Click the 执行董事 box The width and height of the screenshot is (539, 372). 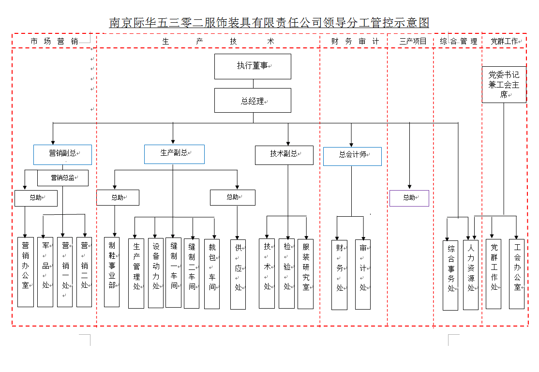[x=253, y=66]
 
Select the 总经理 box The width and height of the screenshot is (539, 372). [x=253, y=101]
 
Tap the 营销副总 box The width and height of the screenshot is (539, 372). [x=62, y=154]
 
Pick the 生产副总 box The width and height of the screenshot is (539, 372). [x=174, y=154]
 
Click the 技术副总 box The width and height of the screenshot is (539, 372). [x=284, y=155]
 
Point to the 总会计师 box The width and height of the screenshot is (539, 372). [x=352, y=156]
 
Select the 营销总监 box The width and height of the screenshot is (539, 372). [x=63, y=178]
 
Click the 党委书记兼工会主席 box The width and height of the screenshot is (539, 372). [x=504, y=85]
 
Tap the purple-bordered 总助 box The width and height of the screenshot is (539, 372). [x=409, y=198]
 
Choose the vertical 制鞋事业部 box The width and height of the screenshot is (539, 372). [x=112, y=272]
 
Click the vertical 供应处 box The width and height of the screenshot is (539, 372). [x=238, y=274]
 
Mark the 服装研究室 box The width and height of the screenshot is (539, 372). [x=306, y=273]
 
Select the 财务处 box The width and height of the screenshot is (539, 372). [x=339, y=274]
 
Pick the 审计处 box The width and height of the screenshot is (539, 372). [x=363, y=274]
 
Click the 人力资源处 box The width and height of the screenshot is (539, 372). [x=471, y=275]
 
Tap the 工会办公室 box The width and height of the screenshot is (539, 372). [x=517, y=274]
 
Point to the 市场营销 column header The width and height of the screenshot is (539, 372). [x=54, y=42]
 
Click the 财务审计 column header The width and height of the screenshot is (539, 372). [x=355, y=42]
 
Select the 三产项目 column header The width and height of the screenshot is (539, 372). [x=413, y=42]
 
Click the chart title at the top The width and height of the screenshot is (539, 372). [x=269, y=23]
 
